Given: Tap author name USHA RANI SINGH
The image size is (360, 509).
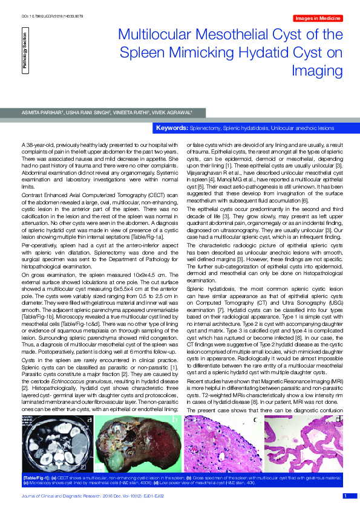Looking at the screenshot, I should coord(89,112).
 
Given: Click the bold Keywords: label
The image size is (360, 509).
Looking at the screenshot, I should coord(172,129).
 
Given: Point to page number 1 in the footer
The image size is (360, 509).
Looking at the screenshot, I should coord(345,496).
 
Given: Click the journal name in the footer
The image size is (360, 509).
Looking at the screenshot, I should coord(67,496).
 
